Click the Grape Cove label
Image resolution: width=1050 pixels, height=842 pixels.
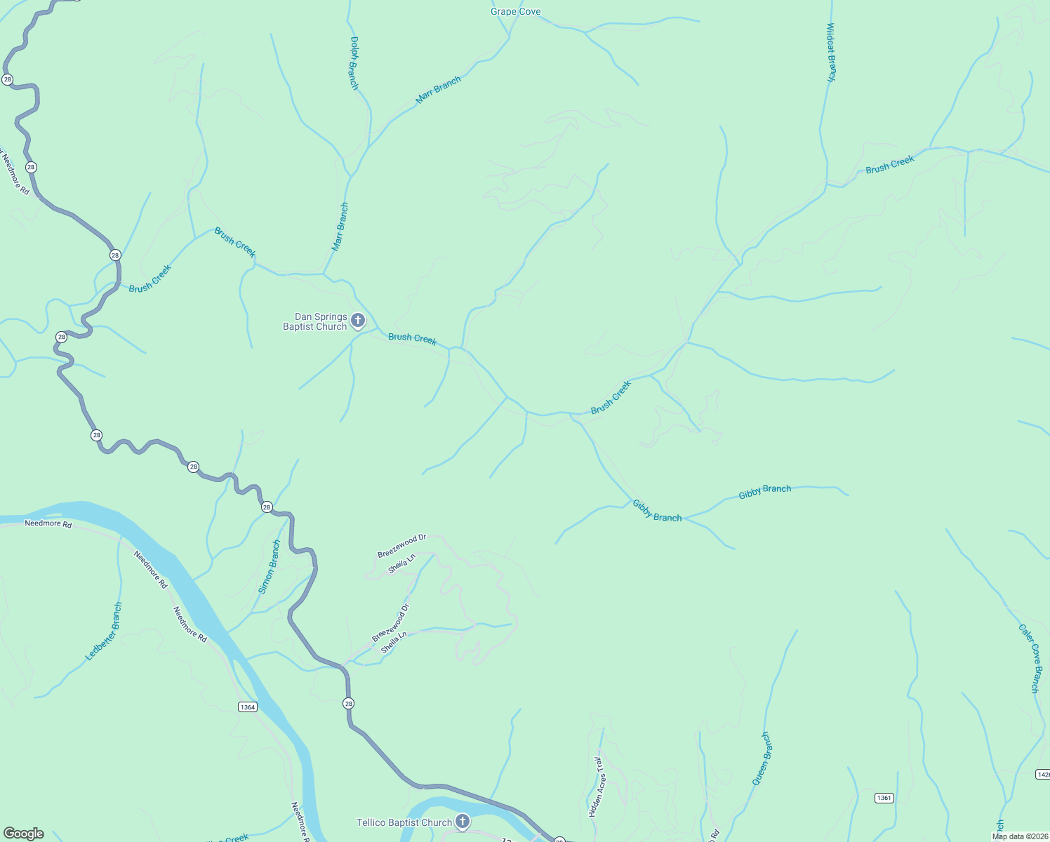tap(515, 12)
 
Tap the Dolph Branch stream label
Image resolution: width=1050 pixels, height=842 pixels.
tap(354, 63)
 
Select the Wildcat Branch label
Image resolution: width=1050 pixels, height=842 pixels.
tap(830, 53)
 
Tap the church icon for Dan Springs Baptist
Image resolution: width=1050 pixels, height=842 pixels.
tap(357, 321)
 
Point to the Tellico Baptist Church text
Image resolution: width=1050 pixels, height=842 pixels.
tap(404, 822)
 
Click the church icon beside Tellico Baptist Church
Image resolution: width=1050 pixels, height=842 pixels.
tap(462, 821)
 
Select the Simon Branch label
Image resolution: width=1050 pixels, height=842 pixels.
tap(270, 567)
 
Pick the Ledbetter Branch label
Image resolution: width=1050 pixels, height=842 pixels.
tap(104, 631)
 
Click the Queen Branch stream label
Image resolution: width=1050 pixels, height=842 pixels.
tap(762, 759)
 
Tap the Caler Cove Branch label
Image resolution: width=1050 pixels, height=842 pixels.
tap(1030, 659)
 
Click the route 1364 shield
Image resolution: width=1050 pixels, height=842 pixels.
tap(247, 707)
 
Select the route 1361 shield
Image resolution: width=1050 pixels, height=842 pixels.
tap(884, 798)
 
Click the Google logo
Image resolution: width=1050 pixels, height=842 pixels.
tap(24, 834)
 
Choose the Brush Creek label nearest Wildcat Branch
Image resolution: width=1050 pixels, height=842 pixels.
tap(889, 165)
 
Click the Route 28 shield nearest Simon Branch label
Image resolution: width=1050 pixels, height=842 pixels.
tap(267, 507)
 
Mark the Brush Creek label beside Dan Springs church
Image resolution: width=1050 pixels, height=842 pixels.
tap(412, 338)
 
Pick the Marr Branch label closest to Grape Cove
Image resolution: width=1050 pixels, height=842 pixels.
tap(438, 91)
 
